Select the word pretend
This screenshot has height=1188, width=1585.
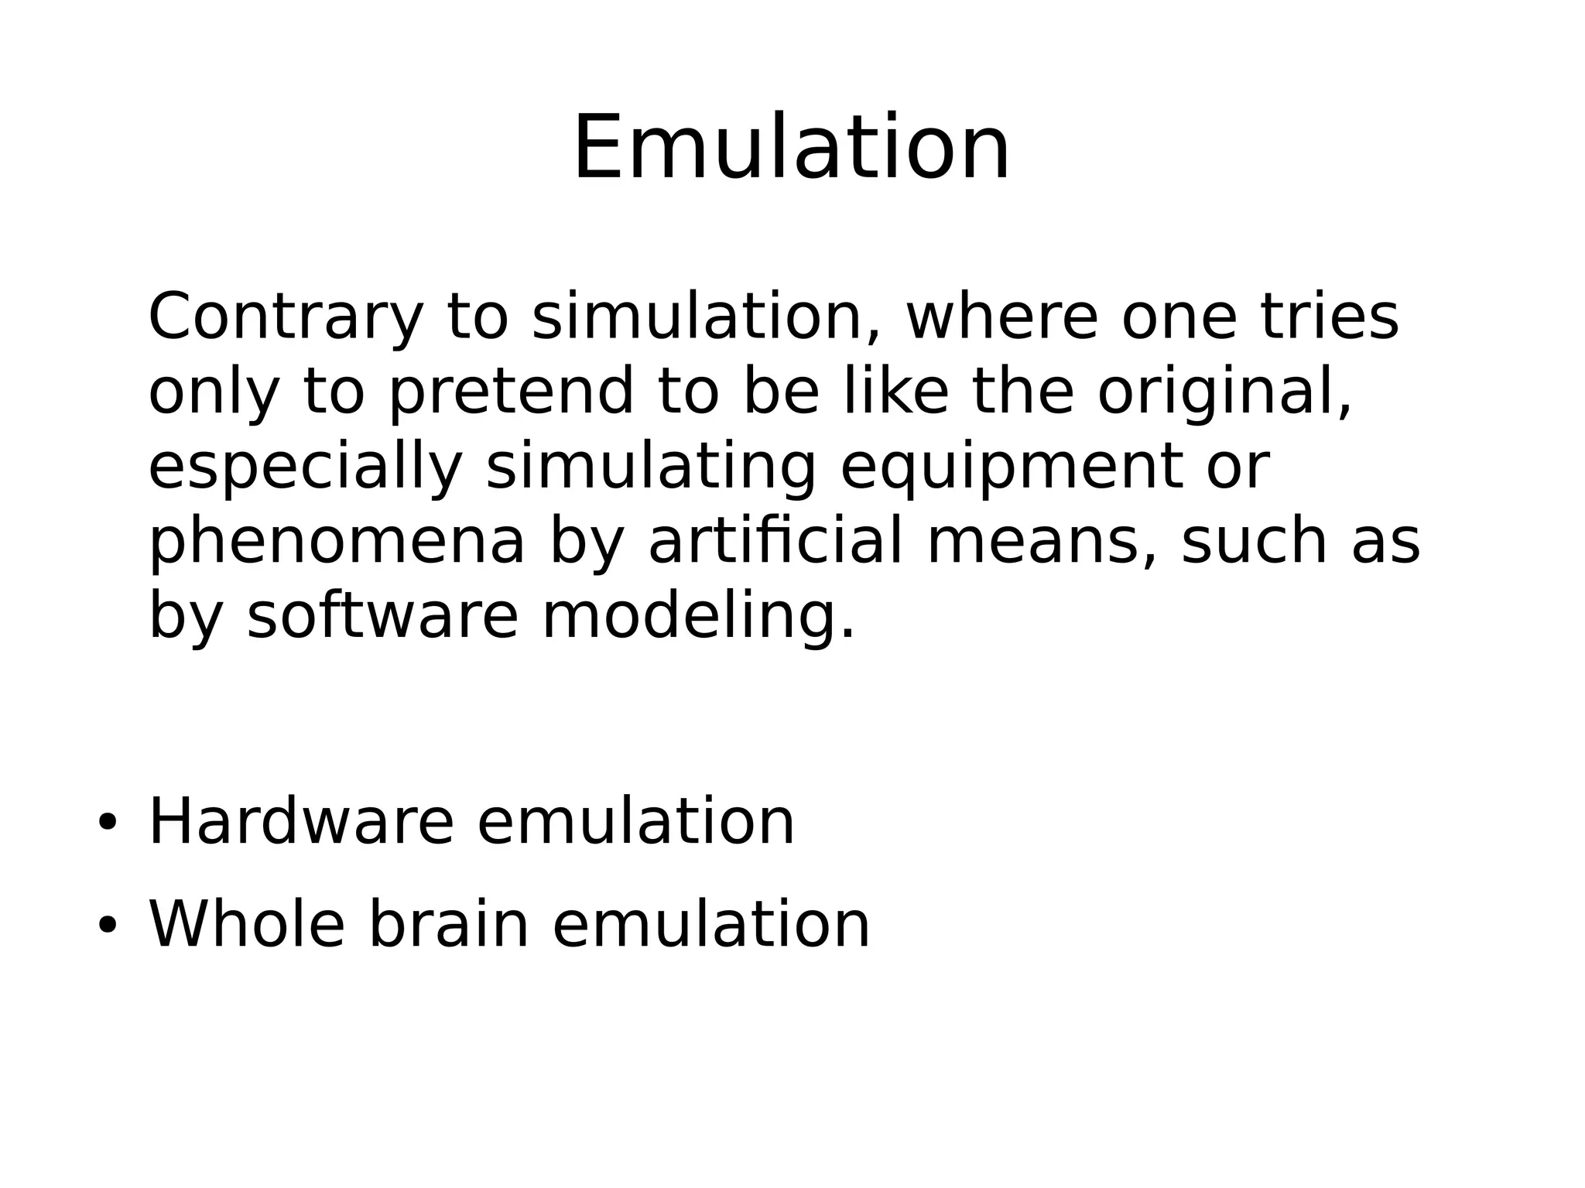pyautogui.click(x=511, y=392)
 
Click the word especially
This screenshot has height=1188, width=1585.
pyautogui.click(x=305, y=467)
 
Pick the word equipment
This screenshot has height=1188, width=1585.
pyautogui.click(x=1012, y=467)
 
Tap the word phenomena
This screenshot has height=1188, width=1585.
pyautogui.click(x=337, y=542)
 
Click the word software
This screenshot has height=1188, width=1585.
pyautogui.click(x=382, y=616)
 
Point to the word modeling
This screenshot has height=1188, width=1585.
pyautogui.click(x=698, y=618)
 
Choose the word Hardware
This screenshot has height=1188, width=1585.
pyautogui.click(x=300, y=822)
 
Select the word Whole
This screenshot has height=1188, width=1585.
pyautogui.click(x=246, y=924)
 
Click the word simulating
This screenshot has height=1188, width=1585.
pyautogui.click(x=651, y=467)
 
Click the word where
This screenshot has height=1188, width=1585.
pyautogui.click(x=1001, y=317)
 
